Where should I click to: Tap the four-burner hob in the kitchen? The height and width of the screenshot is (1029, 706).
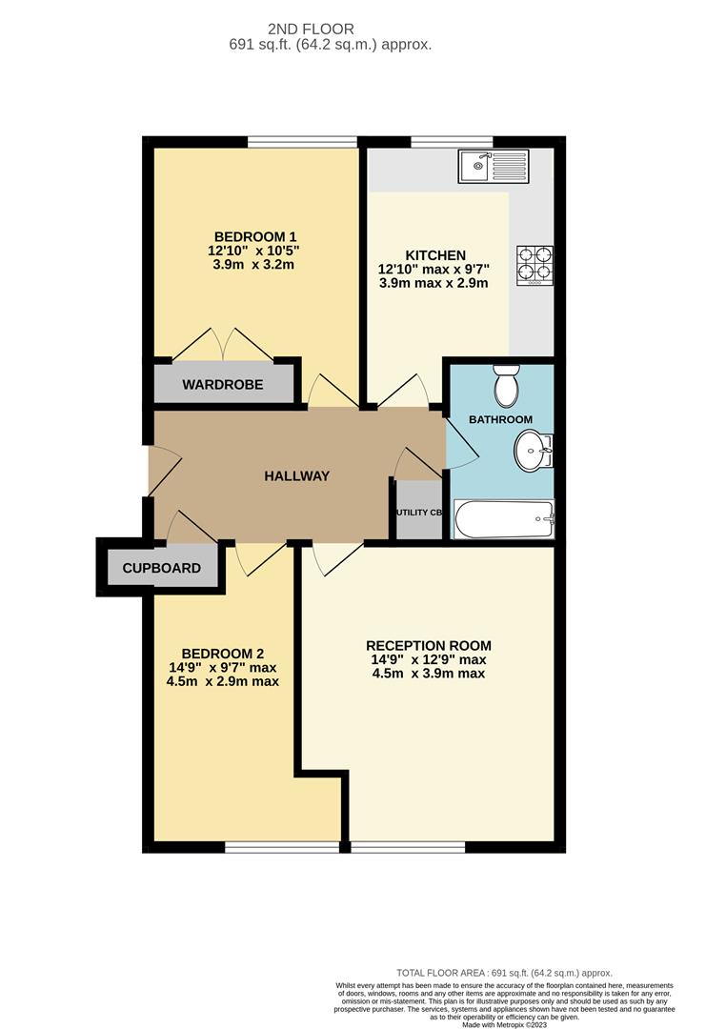[535, 266]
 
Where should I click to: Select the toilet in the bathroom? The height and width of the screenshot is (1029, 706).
[506, 387]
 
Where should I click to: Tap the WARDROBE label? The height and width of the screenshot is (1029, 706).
[223, 386]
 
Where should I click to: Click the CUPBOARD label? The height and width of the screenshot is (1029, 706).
[162, 568]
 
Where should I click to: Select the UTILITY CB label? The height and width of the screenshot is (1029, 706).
[419, 513]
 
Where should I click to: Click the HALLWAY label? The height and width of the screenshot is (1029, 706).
[297, 475]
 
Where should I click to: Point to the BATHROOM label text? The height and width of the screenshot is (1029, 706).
[500, 419]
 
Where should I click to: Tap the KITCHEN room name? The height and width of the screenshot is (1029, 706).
[435, 255]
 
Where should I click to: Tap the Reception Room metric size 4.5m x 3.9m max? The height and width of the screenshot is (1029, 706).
[429, 674]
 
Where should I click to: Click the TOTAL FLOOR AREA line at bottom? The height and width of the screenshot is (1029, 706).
[504, 972]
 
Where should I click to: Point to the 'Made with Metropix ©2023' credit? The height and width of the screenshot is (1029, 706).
[504, 1023]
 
